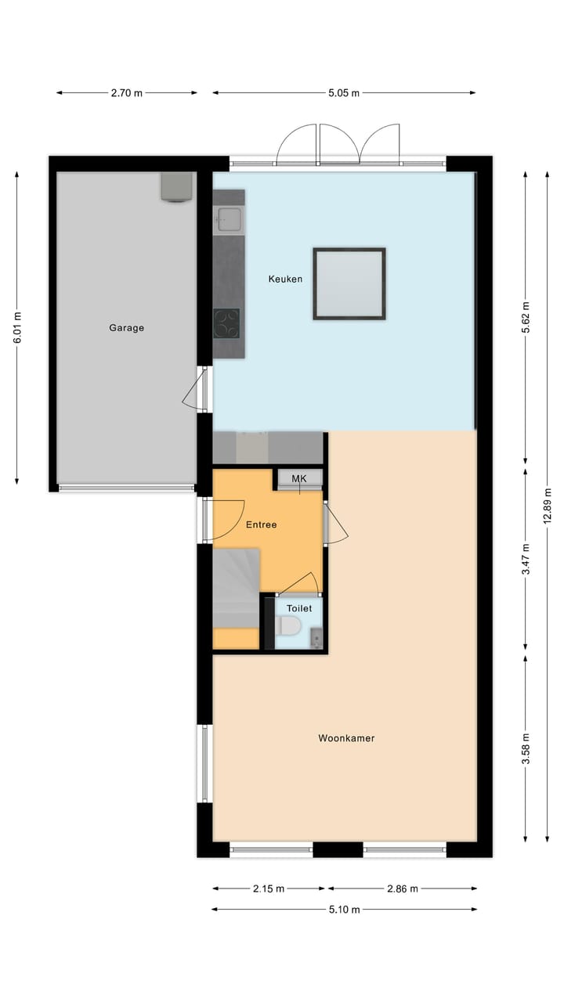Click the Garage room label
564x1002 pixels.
(126, 328)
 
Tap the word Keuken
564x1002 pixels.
(285, 279)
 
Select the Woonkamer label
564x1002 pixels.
(346, 737)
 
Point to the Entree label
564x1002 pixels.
(261, 525)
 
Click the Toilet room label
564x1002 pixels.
(299, 608)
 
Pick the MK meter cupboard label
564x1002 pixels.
(299, 479)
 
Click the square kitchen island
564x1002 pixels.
(349, 283)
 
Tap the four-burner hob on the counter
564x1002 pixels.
(227, 323)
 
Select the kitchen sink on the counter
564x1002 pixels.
(230, 220)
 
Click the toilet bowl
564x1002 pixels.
(288, 626)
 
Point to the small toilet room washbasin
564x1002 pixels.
(316, 638)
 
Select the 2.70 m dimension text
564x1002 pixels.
(126, 93)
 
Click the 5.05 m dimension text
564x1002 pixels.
(344, 93)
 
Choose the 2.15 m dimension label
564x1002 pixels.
(268, 888)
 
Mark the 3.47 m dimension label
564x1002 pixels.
(526, 559)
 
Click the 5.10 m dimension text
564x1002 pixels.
(344, 910)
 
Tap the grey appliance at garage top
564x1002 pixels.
(177, 187)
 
